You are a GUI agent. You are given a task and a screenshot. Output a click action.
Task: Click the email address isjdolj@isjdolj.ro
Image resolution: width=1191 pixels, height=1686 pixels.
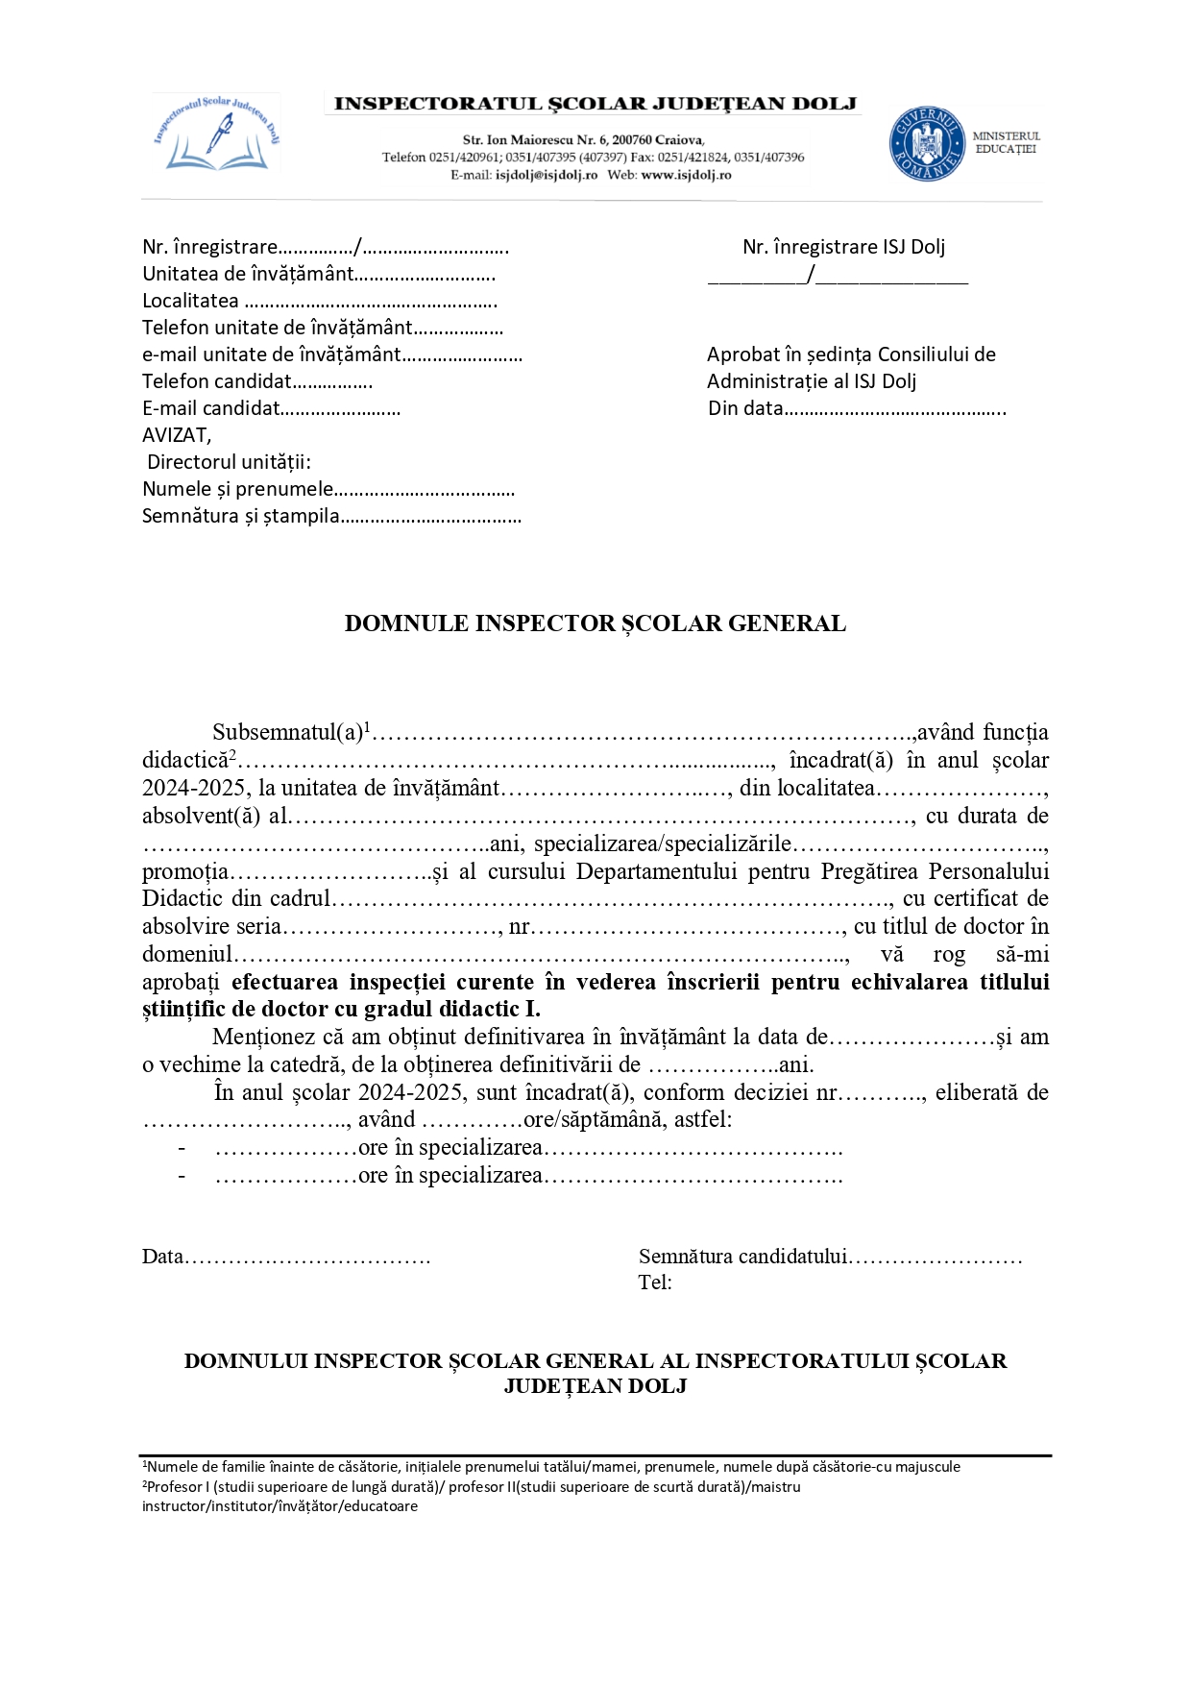[547, 175]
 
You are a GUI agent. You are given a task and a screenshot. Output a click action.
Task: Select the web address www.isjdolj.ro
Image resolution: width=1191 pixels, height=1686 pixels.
[686, 175]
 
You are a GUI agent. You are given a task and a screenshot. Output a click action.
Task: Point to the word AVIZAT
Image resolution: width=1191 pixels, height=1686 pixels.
[176, 435]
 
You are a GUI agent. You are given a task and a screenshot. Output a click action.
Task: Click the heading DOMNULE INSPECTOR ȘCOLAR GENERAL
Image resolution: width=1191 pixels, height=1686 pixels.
[595, 623]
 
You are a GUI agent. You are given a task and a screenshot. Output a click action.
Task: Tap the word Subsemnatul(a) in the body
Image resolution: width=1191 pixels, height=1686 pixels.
[287, 733]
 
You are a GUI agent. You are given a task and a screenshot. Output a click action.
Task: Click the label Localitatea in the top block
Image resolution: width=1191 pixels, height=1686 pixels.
[190, 301]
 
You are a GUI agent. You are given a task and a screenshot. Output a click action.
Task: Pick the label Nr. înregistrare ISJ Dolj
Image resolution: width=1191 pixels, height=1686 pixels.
[843, 247]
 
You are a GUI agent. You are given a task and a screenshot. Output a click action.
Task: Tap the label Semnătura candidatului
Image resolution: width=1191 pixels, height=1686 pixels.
[742, 1257]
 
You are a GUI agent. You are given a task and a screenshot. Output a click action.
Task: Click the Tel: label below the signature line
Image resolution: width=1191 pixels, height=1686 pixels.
[654, 1283]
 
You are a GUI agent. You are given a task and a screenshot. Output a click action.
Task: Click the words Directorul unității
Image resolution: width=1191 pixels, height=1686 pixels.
[229, 462]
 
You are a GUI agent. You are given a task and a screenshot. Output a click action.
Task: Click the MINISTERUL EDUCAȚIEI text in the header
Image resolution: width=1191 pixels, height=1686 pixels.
[1006, 142]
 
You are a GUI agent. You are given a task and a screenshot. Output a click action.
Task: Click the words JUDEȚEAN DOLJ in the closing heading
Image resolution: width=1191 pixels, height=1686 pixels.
[595, 1386]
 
